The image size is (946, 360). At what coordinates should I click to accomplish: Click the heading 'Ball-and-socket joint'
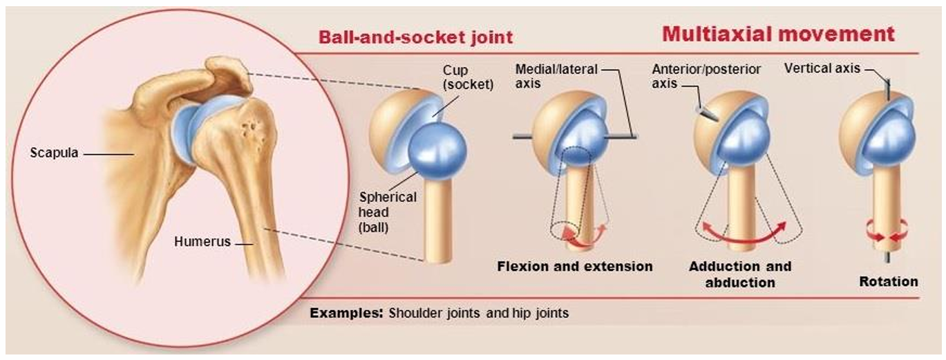tap(415, 36)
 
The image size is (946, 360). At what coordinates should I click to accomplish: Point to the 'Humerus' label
tap(202, 243)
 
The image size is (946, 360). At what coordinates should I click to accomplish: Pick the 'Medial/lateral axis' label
tap(556, 75)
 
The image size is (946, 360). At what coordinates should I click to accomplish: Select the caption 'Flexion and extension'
tap(574, 266)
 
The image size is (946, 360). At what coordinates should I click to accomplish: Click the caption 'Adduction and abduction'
tap(739, 274)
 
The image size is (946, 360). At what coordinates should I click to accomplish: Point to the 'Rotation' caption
tap(888, 281)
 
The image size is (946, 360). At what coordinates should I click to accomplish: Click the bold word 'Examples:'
tap(346, 313)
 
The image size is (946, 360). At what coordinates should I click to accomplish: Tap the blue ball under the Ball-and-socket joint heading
tap(437, 150)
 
